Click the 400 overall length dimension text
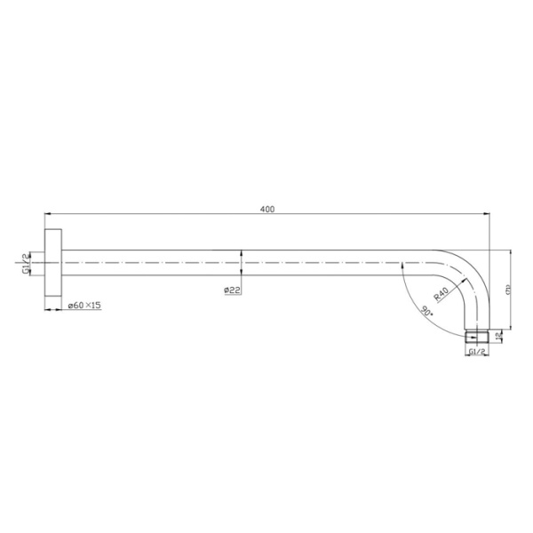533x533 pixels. point(266,210)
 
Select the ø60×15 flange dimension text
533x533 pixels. point(85,306)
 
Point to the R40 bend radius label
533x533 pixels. point(441,292)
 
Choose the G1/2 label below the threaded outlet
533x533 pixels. point(477,353)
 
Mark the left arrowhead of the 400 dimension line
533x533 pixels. point(47,216)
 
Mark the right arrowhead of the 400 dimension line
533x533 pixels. point(488,216)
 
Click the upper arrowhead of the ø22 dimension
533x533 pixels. point(241,256)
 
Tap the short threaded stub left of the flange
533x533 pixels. point(42,264)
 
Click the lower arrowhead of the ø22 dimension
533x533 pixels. point(241,272)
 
